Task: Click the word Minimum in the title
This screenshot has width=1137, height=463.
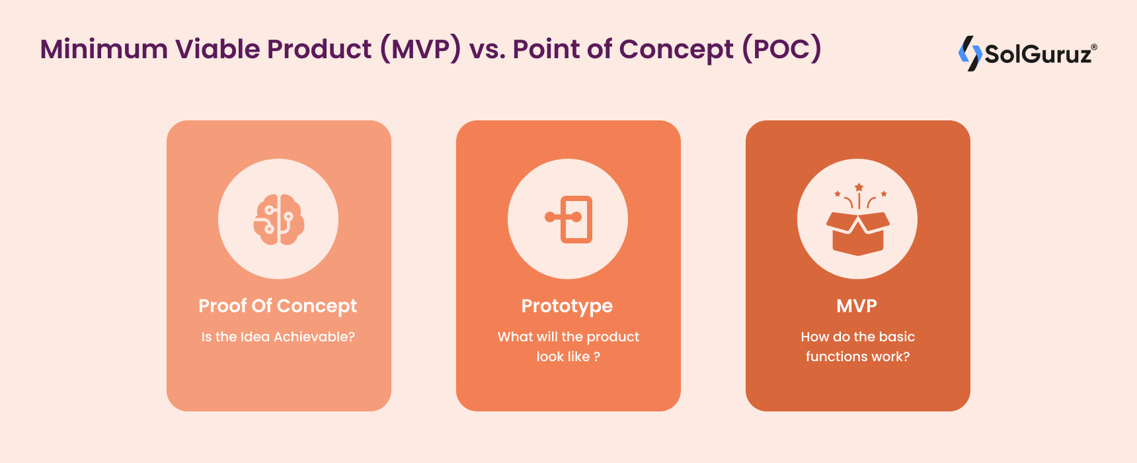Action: [104, 50]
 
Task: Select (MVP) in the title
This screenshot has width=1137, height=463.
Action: [420, 50]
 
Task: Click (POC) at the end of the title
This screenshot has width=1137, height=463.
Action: [781, 50]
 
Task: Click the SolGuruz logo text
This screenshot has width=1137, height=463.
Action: [1039, 54]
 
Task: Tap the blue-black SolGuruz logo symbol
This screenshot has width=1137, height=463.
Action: [970, 53]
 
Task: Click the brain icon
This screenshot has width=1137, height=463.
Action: [279, 220]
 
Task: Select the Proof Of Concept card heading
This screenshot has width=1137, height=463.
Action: [278, 306]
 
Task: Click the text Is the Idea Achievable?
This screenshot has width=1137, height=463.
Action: [278, 337]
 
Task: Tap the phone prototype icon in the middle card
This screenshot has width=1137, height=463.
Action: [568, 219]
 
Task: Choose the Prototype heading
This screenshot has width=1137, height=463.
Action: [567, 306]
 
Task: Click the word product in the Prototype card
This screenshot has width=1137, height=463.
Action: [613, 337]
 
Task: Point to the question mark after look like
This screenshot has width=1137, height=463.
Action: [597, 357]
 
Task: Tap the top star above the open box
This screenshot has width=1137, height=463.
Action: [859, 187]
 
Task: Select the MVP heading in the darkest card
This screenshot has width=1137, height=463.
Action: [857, 306]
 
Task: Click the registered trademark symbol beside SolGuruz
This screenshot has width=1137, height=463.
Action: [1094, 47]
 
